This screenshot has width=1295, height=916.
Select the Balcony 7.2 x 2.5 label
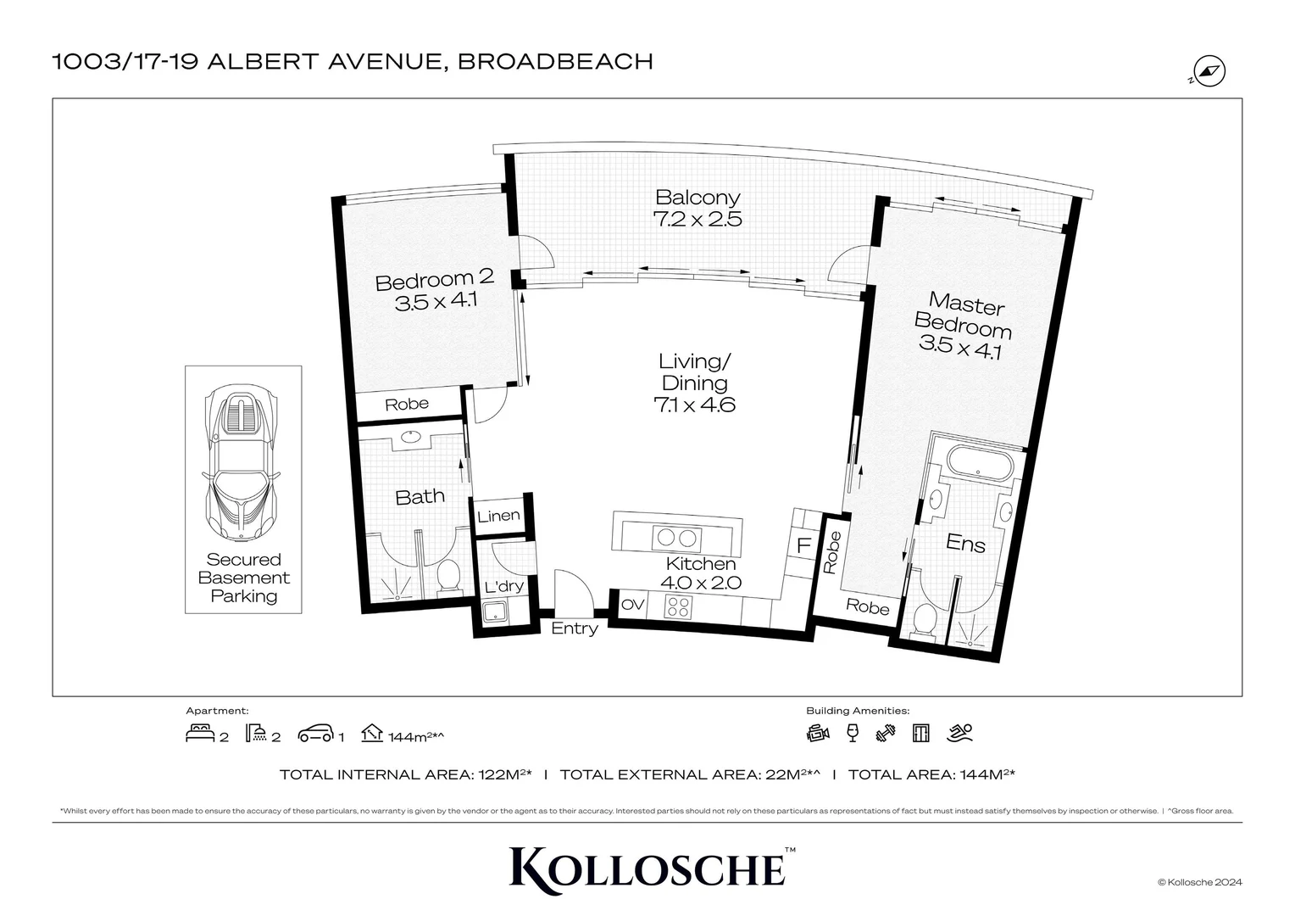(x=698, y=208)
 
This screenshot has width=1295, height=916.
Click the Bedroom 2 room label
(x=434, y=290)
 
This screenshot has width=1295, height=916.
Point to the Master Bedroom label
(x=964, y=326)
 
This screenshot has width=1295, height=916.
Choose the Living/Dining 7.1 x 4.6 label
(x=694, y=383)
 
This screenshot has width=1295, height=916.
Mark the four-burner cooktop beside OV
(x=679, y=606)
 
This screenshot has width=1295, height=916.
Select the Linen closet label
(x=498, y=516)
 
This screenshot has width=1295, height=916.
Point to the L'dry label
(x=503, y=586)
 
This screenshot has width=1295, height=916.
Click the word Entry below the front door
(x=575, y=628)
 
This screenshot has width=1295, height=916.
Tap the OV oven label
(x=632, y=605)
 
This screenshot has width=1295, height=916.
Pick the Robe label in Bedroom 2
(x=407, y=404)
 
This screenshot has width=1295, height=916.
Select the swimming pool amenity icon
(x=961, y=733)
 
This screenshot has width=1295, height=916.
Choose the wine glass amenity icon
(x=853, y=733)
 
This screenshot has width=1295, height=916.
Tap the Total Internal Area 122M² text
(x=406, y=774)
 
